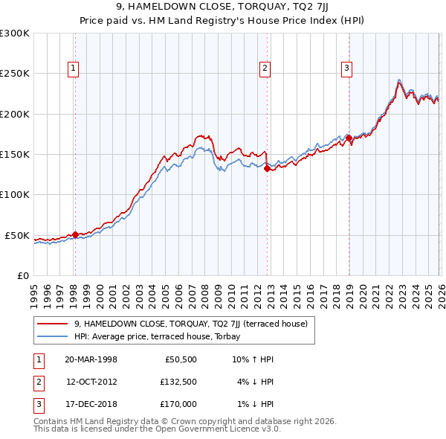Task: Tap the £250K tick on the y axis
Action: point(15,74)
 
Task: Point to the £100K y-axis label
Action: point(15,194)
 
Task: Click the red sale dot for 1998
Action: point(75,234)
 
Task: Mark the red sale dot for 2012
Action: point(267,168)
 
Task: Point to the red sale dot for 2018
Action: point(348,138)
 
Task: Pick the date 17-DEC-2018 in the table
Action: point(91,404)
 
